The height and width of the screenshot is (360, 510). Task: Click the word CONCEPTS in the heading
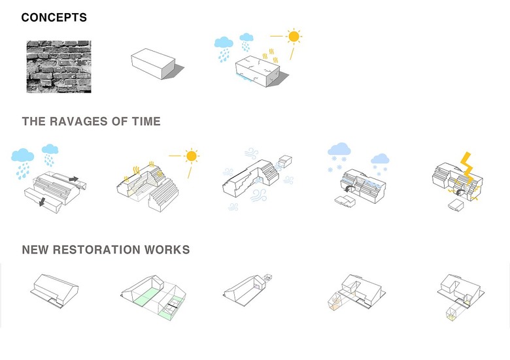(x=54, y=18)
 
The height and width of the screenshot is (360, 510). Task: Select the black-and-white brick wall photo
(x=59, y=67)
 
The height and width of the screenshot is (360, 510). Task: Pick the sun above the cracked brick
(x=294, y=37)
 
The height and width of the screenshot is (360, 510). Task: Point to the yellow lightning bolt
(x=467, y=168)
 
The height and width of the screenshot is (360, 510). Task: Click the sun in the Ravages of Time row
(x=192, y=156)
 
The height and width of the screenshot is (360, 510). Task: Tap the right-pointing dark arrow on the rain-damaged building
(x=73, y=179)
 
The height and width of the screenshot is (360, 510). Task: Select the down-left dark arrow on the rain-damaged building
(x=42, y=202)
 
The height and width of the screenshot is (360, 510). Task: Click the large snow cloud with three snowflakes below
(x=339, y=149)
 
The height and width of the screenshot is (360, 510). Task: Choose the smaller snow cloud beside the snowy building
(x=381, y=159)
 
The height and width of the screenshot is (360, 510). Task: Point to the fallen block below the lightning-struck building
(x=456, y=205)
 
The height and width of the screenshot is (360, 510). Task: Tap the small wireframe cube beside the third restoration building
(x=268, y=278)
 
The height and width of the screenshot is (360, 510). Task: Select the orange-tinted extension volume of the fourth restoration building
(x=335, y=302)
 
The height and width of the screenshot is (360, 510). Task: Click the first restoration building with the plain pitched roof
(x=56, y=290)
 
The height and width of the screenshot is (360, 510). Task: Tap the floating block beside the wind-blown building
(x=285, y=161)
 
